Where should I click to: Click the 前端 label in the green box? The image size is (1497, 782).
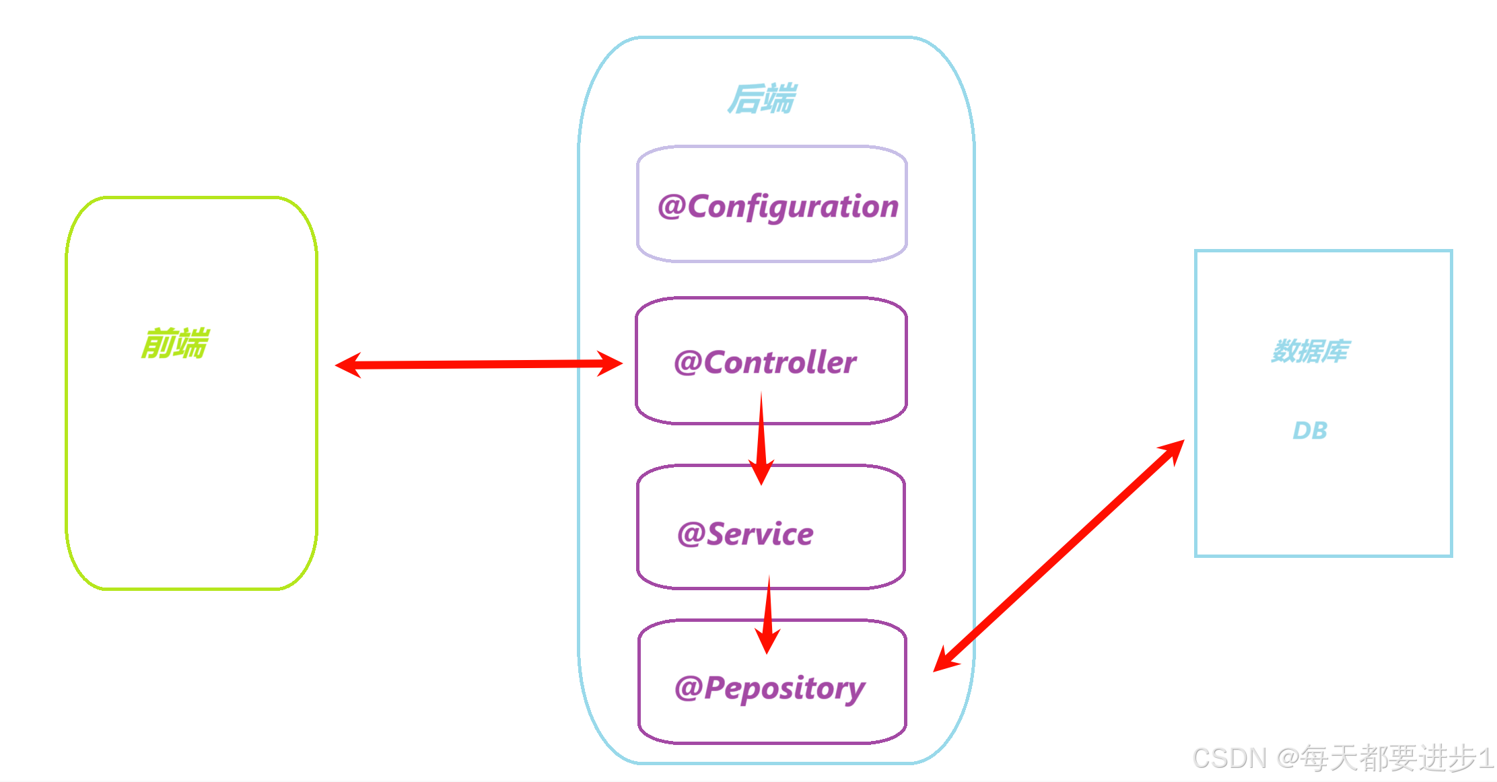point(175,343)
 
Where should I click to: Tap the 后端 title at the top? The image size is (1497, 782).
point(763,99)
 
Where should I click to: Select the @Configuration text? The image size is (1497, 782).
point(778,206)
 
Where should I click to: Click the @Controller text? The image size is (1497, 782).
point(765,363)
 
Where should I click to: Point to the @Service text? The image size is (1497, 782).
point(746,534)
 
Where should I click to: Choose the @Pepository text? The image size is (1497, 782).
point(770,688)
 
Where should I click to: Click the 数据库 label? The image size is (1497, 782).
point(1310,351)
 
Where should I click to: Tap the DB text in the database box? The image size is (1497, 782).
point(1310,431)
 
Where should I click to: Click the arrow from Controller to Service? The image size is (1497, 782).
point(761,437)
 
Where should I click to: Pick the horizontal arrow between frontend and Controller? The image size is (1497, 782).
point(478,364)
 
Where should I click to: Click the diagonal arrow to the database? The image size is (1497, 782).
point(1058,556)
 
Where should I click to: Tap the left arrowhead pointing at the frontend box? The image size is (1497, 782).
point(349,365)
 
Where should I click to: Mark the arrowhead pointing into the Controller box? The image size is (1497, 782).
point(609,363)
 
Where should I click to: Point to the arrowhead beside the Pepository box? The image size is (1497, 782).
point(945,660)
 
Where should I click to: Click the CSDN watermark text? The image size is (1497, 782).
point(1342,758)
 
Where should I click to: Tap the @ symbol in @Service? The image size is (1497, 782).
point(691,534)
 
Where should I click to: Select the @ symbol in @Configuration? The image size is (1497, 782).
point(671,206)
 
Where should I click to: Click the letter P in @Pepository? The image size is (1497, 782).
point(716,688)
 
